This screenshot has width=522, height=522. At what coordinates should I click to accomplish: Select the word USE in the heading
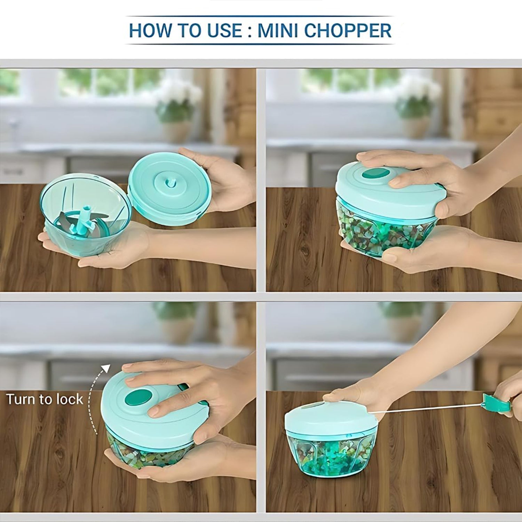(x=224, y=31)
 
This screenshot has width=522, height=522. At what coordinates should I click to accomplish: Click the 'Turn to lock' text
(x=45, y=399)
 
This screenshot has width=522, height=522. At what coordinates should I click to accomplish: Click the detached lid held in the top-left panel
(x=169, y=188)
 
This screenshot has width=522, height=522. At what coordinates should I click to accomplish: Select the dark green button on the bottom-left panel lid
(x=138, y=397)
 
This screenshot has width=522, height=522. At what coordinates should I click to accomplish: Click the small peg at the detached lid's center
(x=170, y=182)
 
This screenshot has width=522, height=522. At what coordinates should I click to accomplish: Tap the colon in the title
(x=249, y=31)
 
